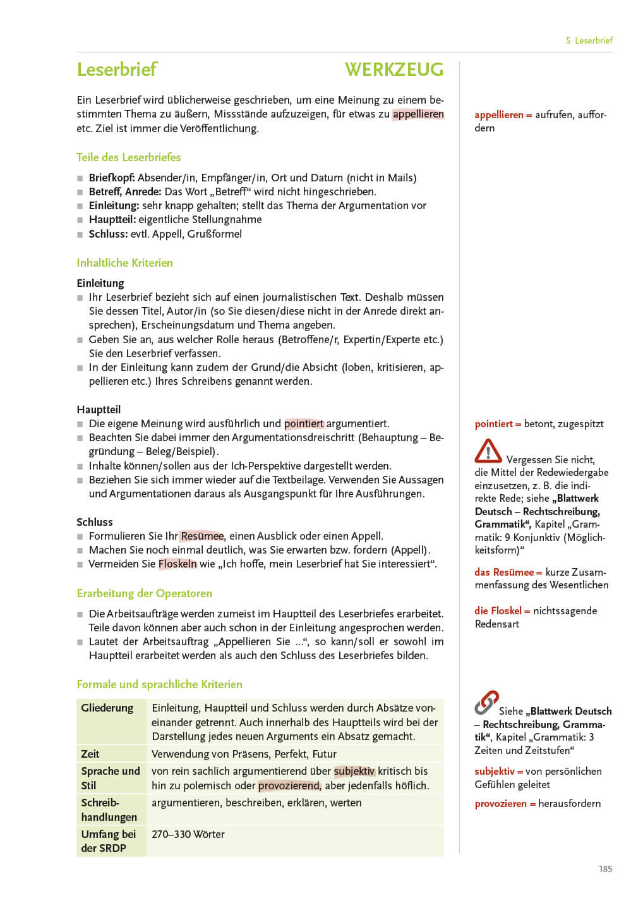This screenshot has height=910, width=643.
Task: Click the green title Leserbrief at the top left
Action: coord(117,69)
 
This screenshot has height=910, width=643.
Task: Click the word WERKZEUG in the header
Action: coord(394,69)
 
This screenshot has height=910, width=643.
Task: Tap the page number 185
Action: coord(605,869)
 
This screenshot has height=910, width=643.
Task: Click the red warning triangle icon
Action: coord(488,451)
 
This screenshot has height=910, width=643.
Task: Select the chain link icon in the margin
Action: coord(486,703)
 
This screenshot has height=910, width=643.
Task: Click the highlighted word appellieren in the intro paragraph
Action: coord(418,114)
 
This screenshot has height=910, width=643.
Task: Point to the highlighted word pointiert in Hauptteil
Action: coord(304,423)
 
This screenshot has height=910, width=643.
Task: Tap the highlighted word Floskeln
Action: coord(177,564)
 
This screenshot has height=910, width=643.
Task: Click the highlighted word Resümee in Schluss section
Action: coord(202,536)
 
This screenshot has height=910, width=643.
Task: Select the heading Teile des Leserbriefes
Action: coord(129,157)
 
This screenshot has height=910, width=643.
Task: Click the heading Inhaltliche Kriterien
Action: coord(124,263)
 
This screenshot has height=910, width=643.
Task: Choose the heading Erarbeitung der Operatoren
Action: coord(144,593)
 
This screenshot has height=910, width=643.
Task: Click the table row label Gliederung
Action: coord(107,708)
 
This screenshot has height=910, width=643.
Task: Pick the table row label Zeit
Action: coord(90,754)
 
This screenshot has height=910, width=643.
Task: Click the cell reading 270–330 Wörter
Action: coord(188,834)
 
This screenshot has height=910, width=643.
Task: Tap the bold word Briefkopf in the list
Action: coord(111,178)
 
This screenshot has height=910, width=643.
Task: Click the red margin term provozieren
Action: coord(501,804)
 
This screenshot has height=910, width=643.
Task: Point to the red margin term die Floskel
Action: coord(498,610)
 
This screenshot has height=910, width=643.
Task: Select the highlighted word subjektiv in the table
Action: coord(354,771)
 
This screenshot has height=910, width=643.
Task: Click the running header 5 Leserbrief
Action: coord(589,40)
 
